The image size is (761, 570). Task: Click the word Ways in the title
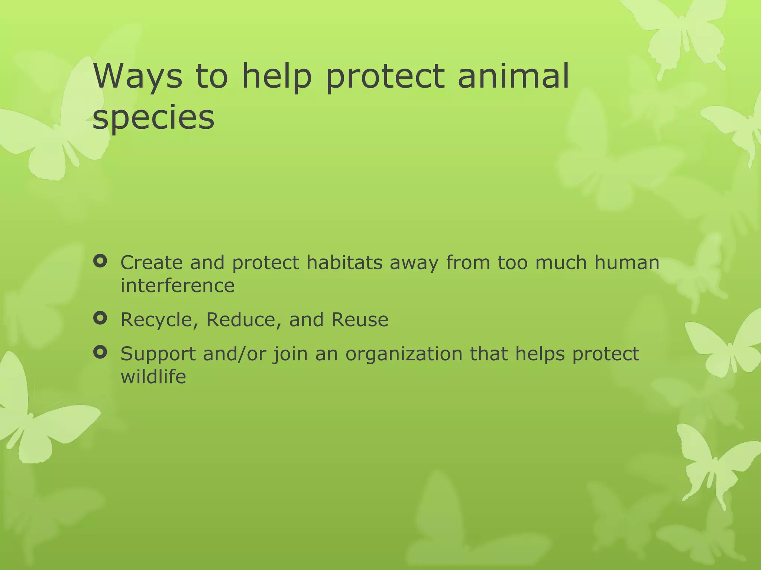coord(138,76)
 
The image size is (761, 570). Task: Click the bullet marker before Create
coord(100,262)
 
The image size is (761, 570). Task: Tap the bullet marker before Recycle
coord(100,318)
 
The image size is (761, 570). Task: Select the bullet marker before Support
coord(100,352)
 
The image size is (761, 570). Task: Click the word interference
coord(178,285)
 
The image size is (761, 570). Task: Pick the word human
coord(626,262)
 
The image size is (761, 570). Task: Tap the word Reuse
coord(360,320)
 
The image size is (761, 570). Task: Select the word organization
coord(404,354)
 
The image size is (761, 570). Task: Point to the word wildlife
coord(153,377)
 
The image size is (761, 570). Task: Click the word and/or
coord(234,354)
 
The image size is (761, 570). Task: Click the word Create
coord(152,262)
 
